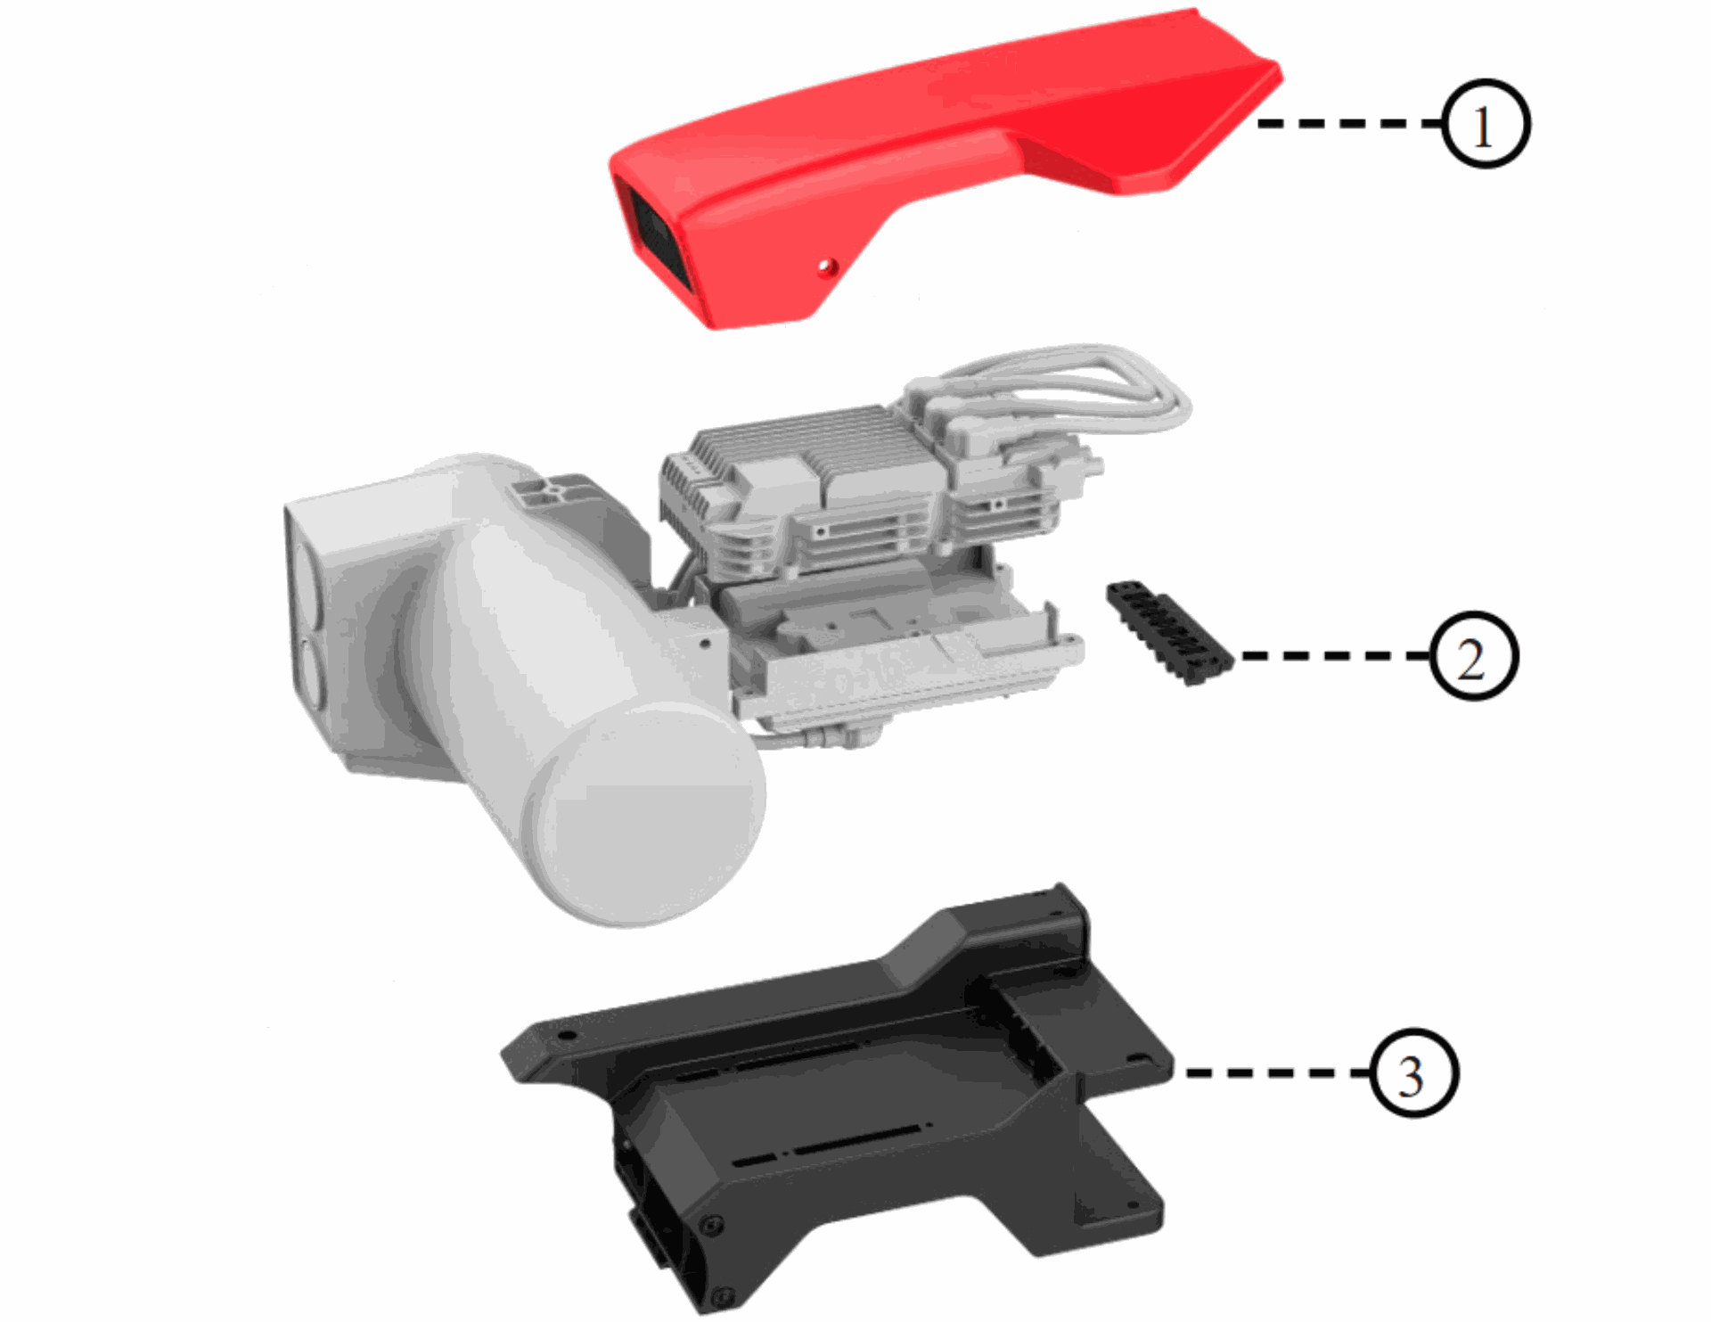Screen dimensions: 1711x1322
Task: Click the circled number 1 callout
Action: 1484,124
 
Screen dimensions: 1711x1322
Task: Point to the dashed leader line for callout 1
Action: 1349,124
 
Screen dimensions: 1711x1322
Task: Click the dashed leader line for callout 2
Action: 1336,655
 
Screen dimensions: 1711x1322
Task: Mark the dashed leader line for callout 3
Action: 1278,1072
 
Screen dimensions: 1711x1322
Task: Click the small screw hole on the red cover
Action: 828,266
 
